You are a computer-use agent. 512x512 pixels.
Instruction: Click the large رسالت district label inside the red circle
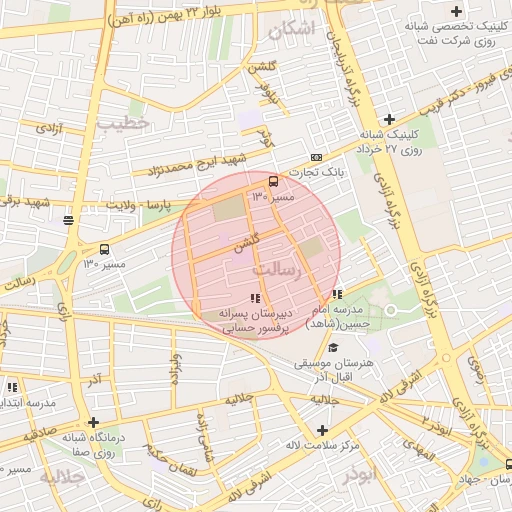pyautogui.click(x=277, y=270)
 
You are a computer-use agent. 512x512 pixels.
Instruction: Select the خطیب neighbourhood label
pyautogui.click(x=123, y=122)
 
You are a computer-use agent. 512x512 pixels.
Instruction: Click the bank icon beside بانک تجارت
pyautogui.click(x=317, y=157)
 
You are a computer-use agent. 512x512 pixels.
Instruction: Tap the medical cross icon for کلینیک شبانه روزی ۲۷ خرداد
pyautogui.click(x=389, y=120)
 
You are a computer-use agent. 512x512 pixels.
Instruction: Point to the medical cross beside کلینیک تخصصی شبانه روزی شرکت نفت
pyautogui.click(x=457, y=10)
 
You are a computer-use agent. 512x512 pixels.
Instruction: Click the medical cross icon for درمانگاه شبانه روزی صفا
pyautogui.click(x=93, y=422)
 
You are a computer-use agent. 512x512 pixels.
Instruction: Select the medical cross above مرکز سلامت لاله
pyautogui.click(x=321, y=430)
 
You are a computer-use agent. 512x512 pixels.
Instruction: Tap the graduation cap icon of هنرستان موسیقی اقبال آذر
pyautogui.click(x=333, y=346)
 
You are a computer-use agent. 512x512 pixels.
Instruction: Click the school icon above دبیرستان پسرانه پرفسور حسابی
pyautogui.click(x=255, y=298)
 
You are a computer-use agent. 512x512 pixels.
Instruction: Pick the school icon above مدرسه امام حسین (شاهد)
pyautogui.click(x=337, y=294)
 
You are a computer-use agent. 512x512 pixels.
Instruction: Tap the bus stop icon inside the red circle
pyautogui.click(x=273, y=181)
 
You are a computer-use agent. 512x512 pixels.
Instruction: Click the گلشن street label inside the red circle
pyautogui.click(x=247, y=242)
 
